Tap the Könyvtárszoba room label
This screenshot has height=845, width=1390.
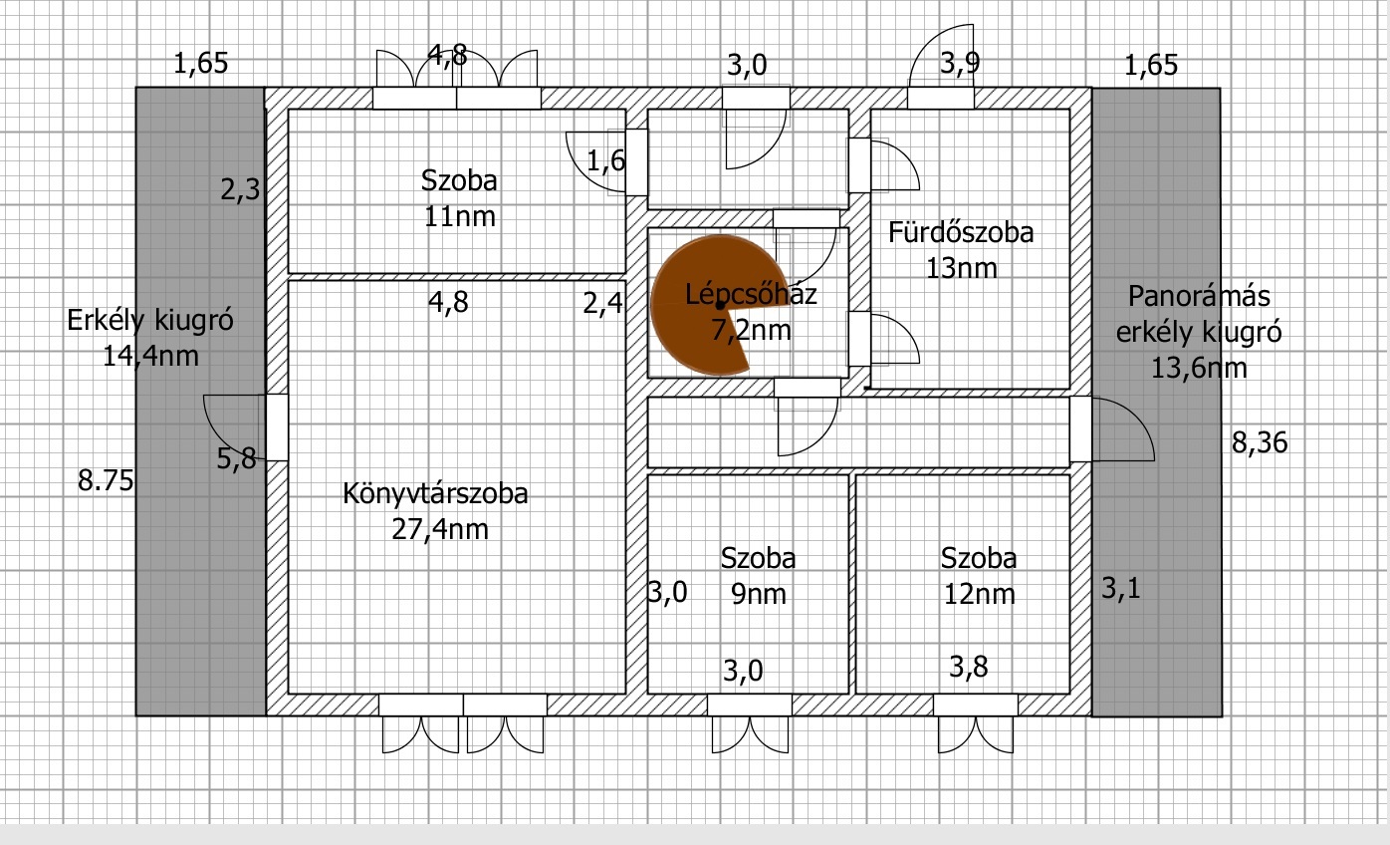tap(435, 493)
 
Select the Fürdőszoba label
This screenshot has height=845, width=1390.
tap(961, 233)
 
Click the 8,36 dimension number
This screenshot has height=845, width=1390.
tap(1260, 443)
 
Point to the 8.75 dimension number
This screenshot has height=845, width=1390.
tap(106, 481)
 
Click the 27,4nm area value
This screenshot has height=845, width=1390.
tap(440, 529)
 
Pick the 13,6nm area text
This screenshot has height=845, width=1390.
tap(1199, 368)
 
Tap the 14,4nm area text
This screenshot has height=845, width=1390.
tap(150, 357)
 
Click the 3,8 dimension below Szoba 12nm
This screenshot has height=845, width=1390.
tap(969, 667)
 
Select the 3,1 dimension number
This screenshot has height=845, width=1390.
tap(1121, 588)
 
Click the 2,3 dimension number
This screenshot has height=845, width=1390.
tap(240, 189)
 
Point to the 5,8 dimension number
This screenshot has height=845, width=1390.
tap(236, 458)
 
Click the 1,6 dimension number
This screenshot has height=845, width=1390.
tap(606, 161)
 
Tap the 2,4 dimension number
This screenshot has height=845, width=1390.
tap(602, 303)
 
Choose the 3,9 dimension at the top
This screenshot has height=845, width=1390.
tap(960, 64)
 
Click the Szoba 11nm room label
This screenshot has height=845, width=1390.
tap(459, 198)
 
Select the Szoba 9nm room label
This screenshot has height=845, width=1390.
tap(759, 576)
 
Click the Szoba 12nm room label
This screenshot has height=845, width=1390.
tap(979, 576)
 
